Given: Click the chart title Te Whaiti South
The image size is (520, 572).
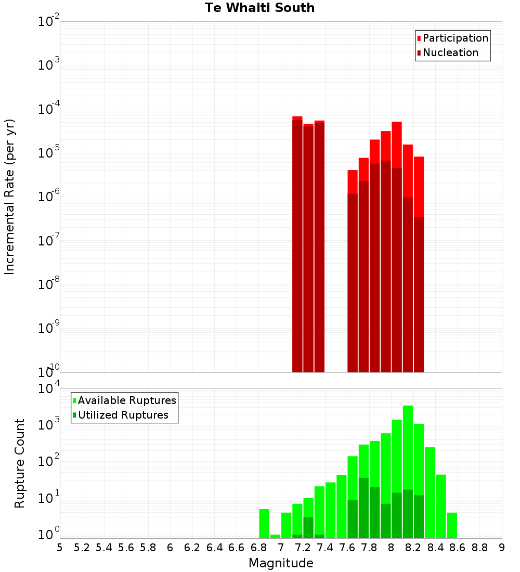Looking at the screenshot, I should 259,8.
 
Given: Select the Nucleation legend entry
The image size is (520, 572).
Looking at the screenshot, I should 450,53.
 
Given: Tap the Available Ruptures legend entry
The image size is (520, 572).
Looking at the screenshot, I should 127,400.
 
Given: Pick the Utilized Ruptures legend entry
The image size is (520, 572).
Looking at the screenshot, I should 123,415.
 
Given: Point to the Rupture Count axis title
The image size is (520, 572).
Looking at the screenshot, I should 20,463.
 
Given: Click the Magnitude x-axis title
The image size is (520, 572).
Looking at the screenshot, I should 281,563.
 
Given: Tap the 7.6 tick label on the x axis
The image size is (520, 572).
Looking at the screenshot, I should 347,548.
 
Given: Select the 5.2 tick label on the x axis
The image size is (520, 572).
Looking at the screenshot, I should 82,548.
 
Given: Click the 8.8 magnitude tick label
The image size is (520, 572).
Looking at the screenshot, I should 479,548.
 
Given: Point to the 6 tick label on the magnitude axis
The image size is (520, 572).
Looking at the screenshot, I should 170,548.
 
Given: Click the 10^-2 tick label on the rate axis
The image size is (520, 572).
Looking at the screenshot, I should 49,22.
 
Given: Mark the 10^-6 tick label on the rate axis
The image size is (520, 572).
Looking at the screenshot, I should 49,197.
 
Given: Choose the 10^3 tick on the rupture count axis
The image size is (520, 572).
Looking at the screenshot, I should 49,424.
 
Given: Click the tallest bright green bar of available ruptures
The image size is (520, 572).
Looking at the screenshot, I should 408,468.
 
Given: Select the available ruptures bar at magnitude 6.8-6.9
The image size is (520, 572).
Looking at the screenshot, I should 264,523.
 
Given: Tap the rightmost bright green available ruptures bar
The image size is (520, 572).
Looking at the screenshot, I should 452,525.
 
